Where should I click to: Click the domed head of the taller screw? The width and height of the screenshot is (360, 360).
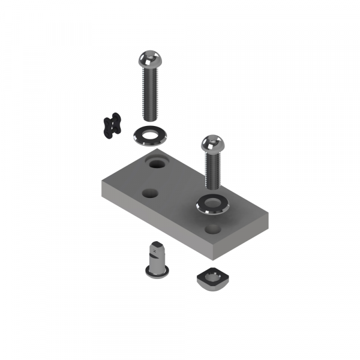[x=148, y=59]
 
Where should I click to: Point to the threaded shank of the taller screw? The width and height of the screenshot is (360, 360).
[x=150, y=93]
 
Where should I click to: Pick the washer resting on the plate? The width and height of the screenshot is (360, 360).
[x=205, y=206]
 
